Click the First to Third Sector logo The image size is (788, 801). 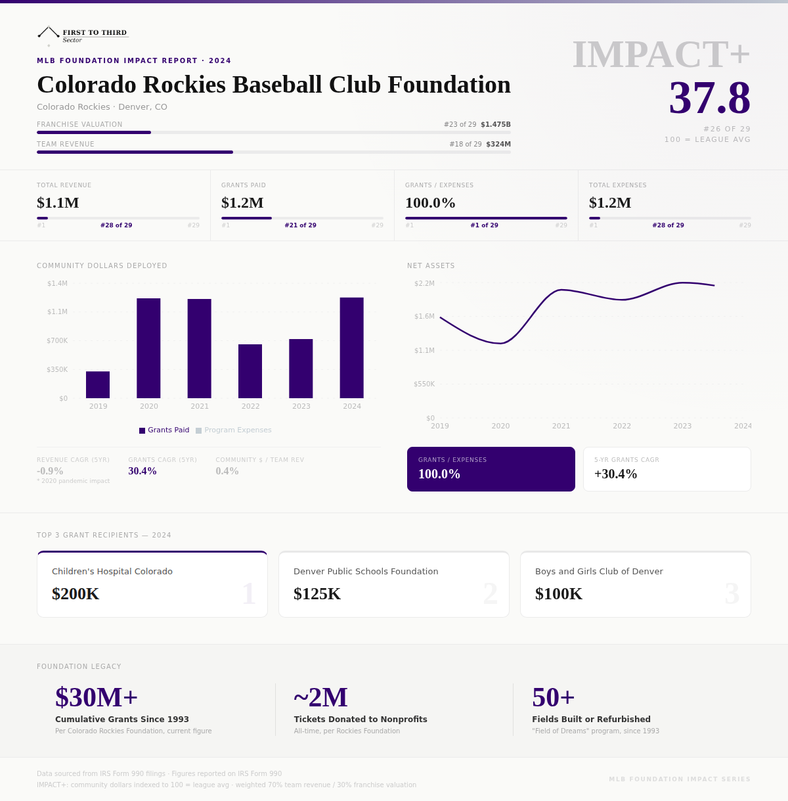point(83,35)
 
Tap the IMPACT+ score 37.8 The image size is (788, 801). point(709,98)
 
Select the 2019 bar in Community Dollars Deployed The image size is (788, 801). point(98,384)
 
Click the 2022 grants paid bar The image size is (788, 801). point(250,371)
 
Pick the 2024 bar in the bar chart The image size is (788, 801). point(351,348)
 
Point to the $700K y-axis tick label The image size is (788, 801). point(57,340)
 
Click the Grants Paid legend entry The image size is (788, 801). point(164,430)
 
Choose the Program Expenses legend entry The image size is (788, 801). point(234,430)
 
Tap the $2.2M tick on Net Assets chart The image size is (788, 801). point(424,283)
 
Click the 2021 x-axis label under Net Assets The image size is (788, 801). point(561,426)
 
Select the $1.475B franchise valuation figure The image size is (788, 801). point(496,124)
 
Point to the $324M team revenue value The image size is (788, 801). point(498,144)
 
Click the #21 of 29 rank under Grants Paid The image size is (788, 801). point(300,225)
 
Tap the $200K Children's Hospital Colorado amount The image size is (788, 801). point(76,593)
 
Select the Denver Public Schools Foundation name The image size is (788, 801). point(366,571)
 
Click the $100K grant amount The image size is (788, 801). point(559,593)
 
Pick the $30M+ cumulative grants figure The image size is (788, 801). point(97,697)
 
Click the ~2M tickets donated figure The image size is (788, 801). point(320,697)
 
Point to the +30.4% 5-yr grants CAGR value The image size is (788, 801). point(615,474)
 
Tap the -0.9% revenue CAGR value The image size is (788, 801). point(50,471)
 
